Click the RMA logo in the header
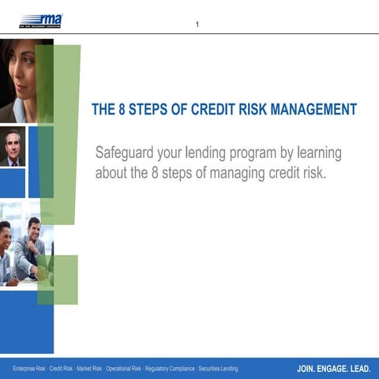tap(41, 20)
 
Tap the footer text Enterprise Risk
tap(28, 369)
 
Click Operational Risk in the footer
tap(125, 369)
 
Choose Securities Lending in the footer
tap(219, 369)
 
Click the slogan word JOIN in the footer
tap(307, 369)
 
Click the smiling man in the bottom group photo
tap(32, 237)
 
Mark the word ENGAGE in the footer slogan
tap(335, 369)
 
